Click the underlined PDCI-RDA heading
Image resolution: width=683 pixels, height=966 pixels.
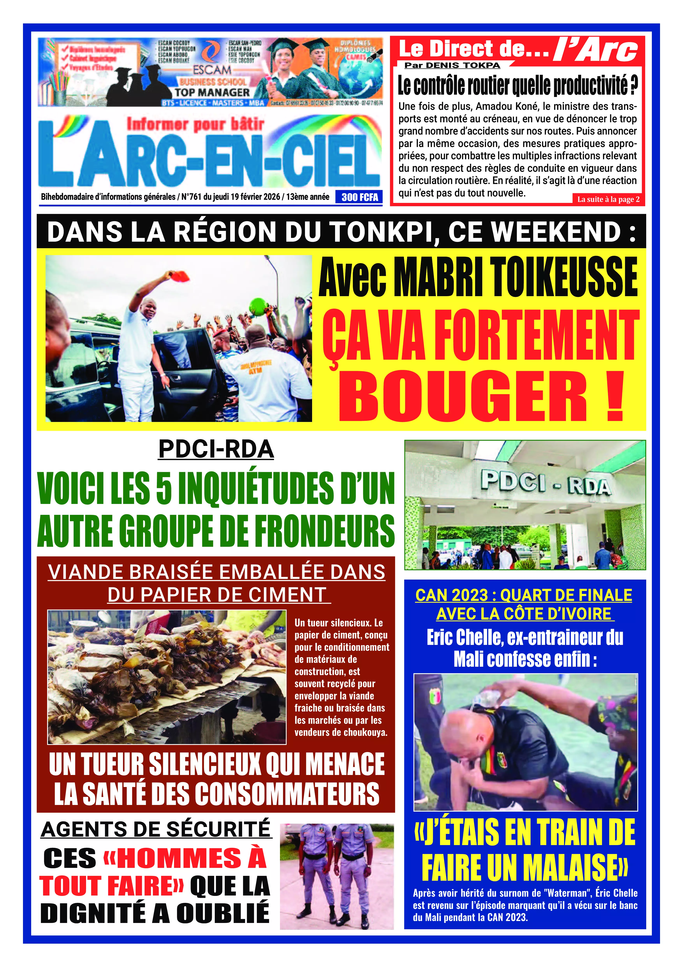(216, 449)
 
